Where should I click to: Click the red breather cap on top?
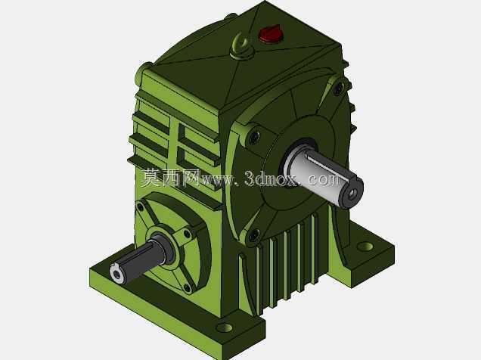271,34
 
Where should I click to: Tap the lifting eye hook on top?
242,48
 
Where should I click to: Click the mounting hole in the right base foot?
365,247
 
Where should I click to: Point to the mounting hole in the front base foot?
225,327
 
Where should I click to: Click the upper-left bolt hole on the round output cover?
254,138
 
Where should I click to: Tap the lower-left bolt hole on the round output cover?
254,235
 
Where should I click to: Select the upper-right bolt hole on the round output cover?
339,88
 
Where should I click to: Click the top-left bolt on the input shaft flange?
140,207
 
